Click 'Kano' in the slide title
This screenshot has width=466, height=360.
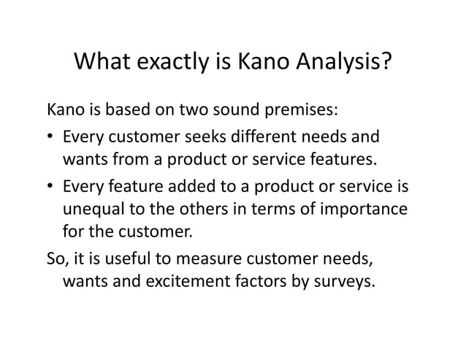coord(261,66)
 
